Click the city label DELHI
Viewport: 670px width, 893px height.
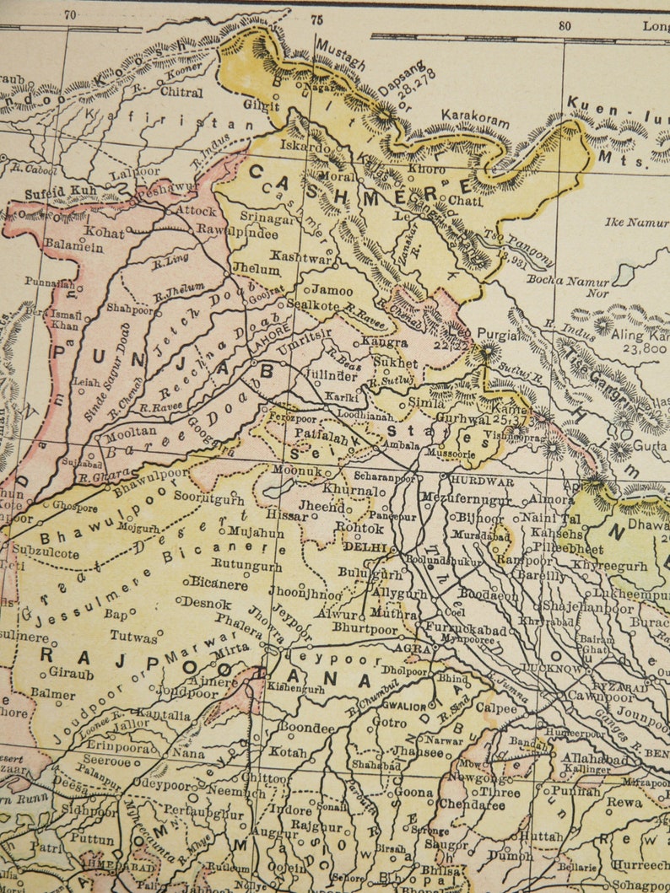[x=364, y=547]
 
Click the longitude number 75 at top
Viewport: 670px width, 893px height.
[x=316, y=19]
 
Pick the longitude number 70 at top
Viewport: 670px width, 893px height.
[x=71, y=13]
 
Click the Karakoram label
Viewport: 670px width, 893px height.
[x=476, y=118]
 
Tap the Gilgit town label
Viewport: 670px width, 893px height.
[x=262, y=106]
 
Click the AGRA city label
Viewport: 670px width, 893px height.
[x=419, y=649]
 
